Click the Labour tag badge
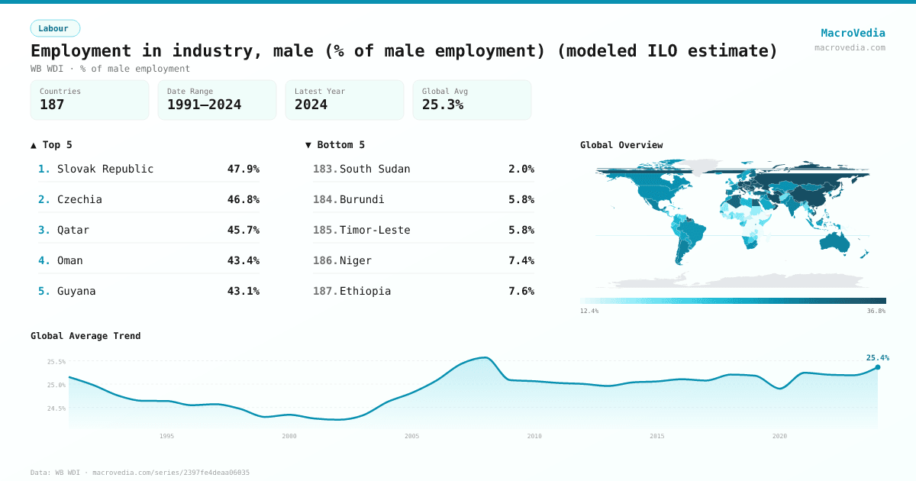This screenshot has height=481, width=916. pos(55,28)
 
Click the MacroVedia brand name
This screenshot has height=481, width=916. pos(853,33)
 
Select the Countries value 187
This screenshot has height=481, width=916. pos(52,105)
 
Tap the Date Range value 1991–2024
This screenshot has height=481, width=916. pos(204,105)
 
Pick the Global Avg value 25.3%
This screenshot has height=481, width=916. pos(443,105)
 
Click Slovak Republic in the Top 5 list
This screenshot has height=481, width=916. pos(105,169)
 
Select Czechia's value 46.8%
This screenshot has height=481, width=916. pos(243,199)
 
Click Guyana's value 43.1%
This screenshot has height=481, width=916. pos(243,291)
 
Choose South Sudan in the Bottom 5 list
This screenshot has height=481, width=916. pos(375,169)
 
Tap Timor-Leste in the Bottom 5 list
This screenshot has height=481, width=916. pos(375,230)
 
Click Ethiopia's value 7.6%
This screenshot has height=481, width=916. pos(521,291)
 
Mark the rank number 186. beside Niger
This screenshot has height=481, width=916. pos(325,260)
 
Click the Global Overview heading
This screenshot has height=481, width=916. pos(621,145)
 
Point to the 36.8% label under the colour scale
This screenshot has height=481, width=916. pos(876,311)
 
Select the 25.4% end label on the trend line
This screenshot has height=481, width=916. pos(877,357)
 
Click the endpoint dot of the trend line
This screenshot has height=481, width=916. pos(877,367)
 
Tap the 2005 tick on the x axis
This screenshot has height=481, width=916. pos(411,436)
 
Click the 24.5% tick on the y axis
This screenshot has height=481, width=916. pos(56,408)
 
